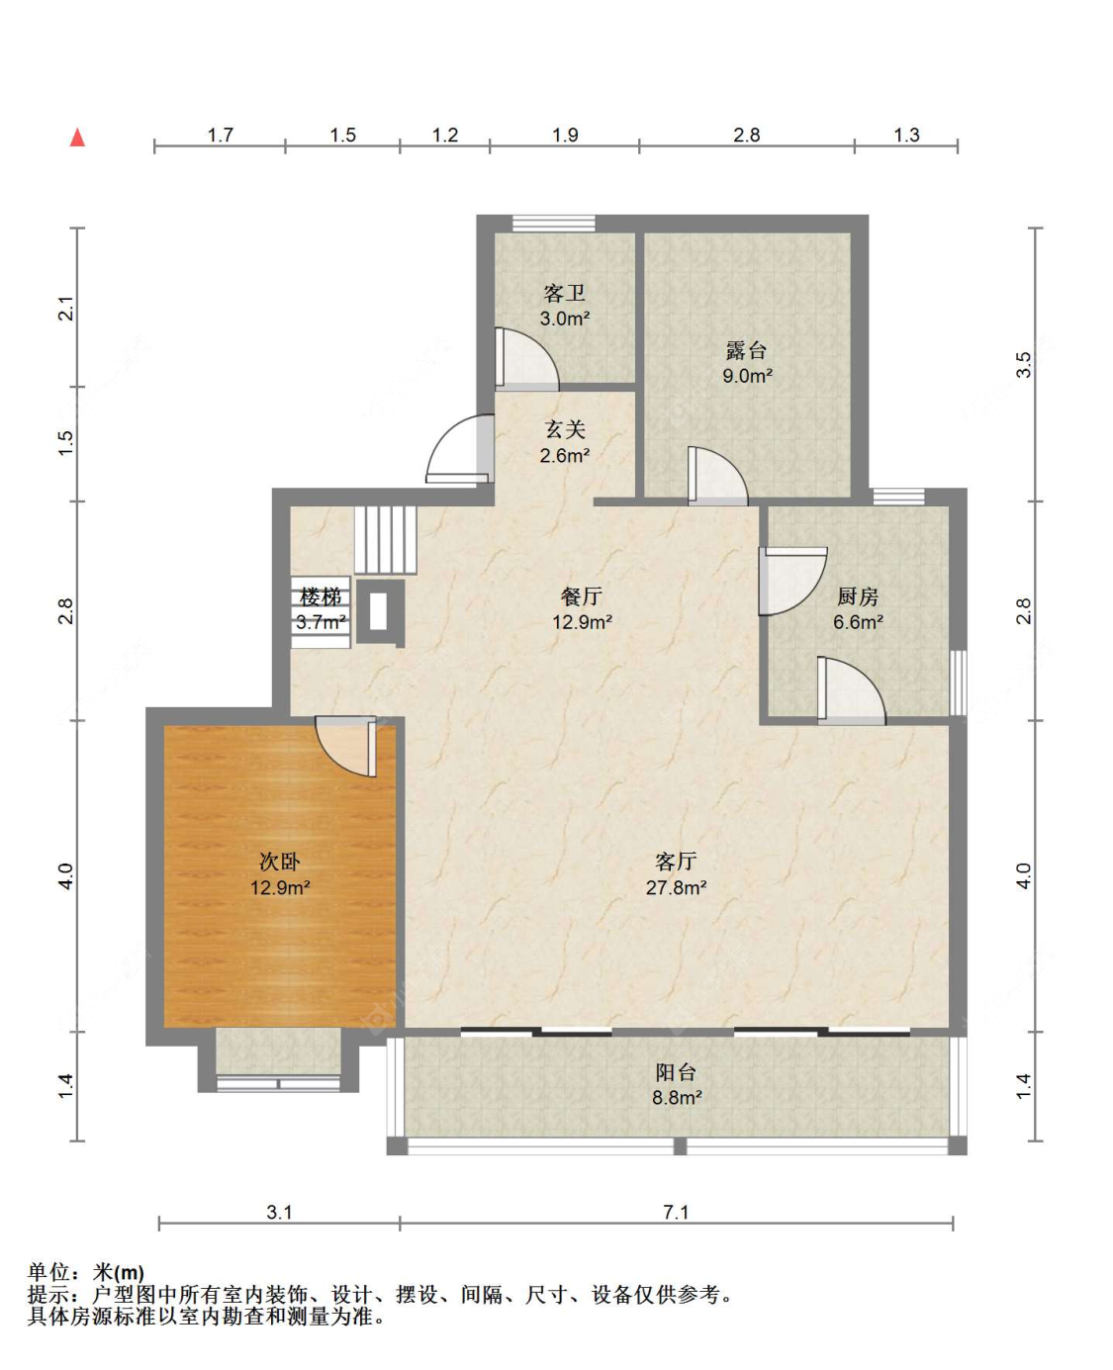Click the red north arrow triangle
click(x=77, y=137)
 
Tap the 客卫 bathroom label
click(x=564, y=294)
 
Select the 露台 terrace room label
click(x=746, y=350)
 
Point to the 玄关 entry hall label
click(x=565, y=429)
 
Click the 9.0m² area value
click(x=747, y=376)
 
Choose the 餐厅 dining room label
click(x=582, y=596)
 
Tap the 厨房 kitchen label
click(x=858, y=596)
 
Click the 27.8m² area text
click(x=676, y=887)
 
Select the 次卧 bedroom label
click(x=280, y=862)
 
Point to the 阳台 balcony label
click(x=676, y=1072)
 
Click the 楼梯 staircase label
click(x=321, y=596)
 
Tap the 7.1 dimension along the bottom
click(x=676, y=1213)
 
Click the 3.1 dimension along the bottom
click(x=279, y=1213)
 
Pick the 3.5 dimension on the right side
click(x=1023, y=365)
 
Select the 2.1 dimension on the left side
click(x=66, y=309)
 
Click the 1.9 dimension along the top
click(x=565, y=136)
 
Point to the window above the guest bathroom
click(x=553, y=224)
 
